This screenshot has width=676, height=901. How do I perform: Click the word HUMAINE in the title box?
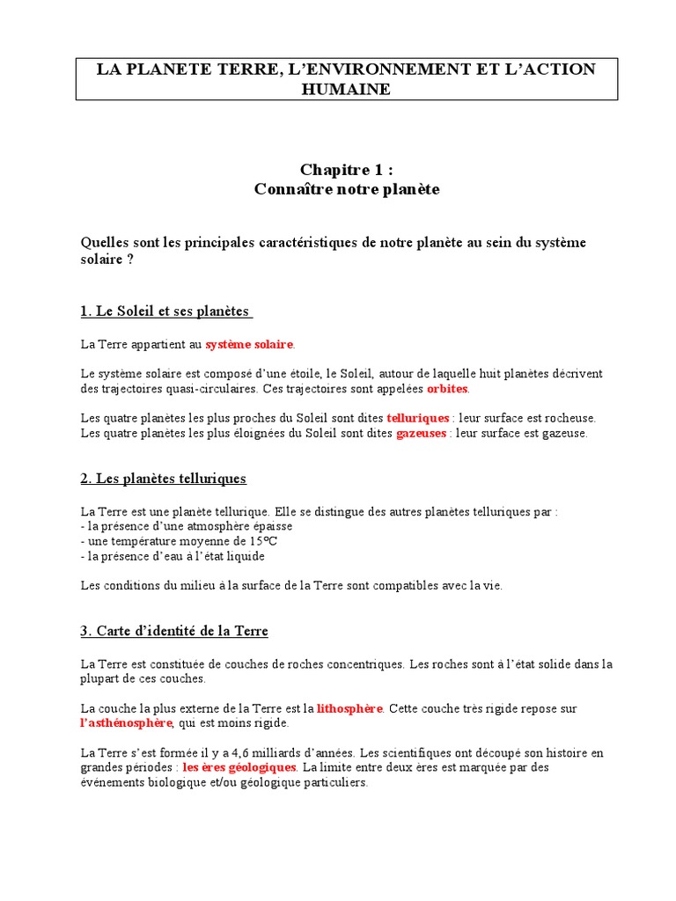click(x=346, y=89)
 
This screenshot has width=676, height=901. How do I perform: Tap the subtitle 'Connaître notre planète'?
click(x=346, y=188)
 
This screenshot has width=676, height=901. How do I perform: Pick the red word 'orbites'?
click(x=448, y=388)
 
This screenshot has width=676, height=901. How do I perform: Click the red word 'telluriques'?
click(x=417, y=418)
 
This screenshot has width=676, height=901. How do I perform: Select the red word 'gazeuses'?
click(x=421, y=434)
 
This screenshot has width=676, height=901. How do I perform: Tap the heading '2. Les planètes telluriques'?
click(x=164, y=479)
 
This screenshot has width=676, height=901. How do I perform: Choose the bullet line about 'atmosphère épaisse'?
click(x=187, y=525)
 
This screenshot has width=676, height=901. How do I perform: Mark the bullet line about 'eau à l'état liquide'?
click(x=173, y=556)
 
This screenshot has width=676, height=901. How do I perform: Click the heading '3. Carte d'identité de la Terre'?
click(x=174, y=631)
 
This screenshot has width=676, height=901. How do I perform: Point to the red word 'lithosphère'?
click(x=349, y=707)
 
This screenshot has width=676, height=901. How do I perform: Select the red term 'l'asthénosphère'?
click(x=126, y=723)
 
